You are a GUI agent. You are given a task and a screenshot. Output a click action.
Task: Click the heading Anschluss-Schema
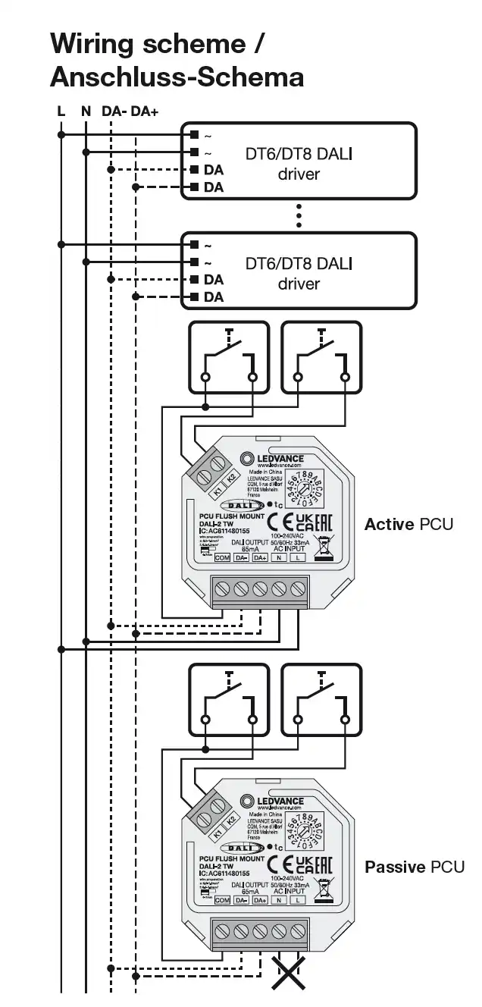click(x=177, y=77)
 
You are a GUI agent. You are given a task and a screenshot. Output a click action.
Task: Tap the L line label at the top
click(x=61, y=111)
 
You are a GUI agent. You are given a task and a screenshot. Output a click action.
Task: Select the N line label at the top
click(x=86, y=111)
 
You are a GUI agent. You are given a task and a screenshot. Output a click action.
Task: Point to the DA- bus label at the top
click(x=114, y=111)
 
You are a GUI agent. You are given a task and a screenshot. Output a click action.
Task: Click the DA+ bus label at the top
click(x=145, y=111)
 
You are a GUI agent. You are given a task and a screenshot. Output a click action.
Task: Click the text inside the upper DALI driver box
click(x=299, y=164)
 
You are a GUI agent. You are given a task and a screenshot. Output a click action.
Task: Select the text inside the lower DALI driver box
click(x=299, y=273)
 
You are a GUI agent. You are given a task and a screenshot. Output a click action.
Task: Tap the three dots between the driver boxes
click(x=299, y=215)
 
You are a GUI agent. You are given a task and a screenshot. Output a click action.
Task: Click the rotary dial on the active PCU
click(x=305, y=486)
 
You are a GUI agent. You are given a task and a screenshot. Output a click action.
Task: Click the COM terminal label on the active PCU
click(x=222, y=558)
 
